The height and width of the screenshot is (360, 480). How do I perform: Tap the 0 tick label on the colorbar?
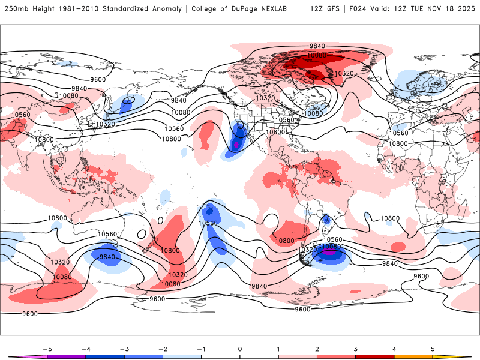click(239, 348)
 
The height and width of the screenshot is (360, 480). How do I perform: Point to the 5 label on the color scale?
click(433, 348)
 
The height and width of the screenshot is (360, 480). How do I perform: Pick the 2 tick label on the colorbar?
click(317, 348)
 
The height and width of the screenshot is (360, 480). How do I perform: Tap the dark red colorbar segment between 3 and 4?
click(374, 357)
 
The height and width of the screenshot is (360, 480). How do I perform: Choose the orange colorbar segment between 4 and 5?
click(413, 357)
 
